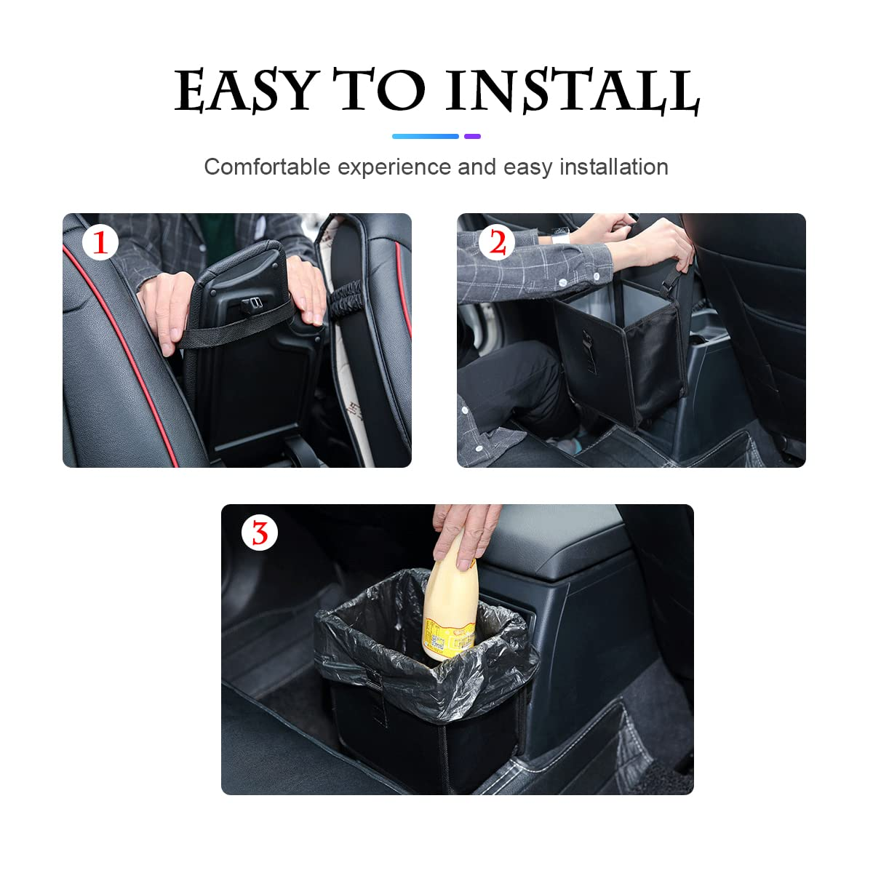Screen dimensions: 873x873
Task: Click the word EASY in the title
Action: tap(244, 91)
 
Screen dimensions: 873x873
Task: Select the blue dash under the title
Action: tap(425, 136)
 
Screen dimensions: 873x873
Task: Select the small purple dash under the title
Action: tap(472, 136)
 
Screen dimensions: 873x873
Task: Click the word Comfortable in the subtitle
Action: tap(267, 167)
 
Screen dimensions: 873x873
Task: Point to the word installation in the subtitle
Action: tap(613, 167)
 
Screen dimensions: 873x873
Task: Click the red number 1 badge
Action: tap(100, 242)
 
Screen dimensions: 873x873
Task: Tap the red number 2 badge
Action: tap(496, 242)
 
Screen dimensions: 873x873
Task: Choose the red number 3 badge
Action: tap(259, 533)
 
